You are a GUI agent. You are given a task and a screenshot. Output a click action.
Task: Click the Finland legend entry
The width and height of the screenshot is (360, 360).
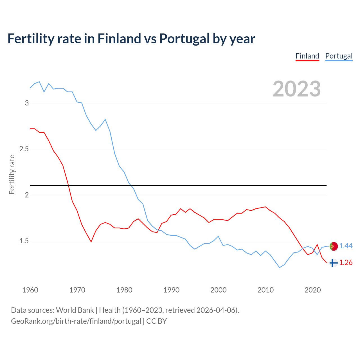coord(307,56)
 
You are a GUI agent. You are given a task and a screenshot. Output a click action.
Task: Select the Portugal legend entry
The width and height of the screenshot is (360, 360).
coord(339,56)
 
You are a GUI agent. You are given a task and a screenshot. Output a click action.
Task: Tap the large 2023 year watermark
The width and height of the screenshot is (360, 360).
coord(296,89)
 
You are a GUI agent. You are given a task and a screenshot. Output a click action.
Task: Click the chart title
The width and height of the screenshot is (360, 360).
coord(131,39)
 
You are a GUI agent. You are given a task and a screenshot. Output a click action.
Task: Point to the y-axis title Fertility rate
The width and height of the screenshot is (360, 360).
coord(12,174)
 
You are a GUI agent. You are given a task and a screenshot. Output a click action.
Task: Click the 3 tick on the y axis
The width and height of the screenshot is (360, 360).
coord(27,103)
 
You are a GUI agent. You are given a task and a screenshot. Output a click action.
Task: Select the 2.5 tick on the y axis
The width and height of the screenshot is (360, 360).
coord(24,149)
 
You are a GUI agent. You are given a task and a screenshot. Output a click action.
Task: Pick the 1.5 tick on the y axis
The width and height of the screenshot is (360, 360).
coord(24,241)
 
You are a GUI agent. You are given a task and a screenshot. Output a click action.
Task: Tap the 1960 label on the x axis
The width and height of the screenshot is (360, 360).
coord(30,290)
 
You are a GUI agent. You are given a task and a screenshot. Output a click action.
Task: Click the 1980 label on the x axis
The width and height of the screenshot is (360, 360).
coord(124,290)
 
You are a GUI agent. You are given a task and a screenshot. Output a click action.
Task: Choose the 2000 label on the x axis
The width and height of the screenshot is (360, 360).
coord(218,290)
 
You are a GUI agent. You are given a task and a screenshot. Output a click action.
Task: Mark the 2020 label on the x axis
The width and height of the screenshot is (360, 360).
coord(312,290)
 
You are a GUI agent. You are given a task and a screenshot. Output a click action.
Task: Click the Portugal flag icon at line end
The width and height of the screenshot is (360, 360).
coord(333,246)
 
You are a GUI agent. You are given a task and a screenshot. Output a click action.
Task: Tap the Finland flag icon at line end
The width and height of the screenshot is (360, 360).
coord(333,263)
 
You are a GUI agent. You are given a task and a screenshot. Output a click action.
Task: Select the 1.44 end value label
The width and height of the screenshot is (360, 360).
coord(346,246)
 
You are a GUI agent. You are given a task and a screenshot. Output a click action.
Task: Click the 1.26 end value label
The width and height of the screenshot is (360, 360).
coord(346,263)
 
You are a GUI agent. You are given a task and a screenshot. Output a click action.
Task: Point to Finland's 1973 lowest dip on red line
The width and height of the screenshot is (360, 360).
coord(91,242)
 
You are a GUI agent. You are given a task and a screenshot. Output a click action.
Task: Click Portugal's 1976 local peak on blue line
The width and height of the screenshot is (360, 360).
coord(105,120)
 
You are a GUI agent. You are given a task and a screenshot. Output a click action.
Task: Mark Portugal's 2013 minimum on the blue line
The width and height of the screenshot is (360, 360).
coord(280,267)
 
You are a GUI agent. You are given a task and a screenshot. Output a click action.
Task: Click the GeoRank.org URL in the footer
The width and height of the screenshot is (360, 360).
coord(76,321)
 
